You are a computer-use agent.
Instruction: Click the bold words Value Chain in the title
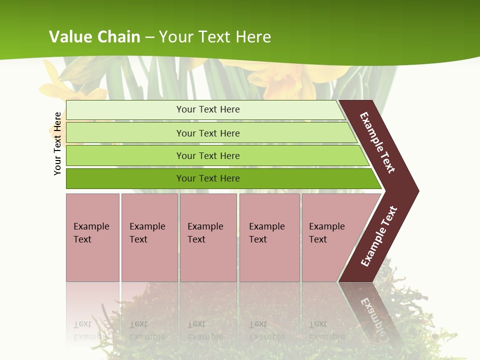[x=94, y=36]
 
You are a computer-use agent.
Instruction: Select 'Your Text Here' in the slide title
[x=215, y=36]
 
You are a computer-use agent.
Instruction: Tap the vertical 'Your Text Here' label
[x=57, y=143]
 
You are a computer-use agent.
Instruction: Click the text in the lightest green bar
[x=208, y=109]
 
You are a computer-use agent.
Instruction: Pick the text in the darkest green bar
[x=208, y=178]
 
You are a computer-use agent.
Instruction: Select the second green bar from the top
[x=208, y=133]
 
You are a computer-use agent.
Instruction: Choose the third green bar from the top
[x=208, y=156]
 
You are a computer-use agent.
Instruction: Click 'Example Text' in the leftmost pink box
[x=91, y=233]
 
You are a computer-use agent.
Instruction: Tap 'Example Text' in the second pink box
[x=147, y=233]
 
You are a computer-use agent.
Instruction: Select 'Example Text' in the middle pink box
[x=205, y=233]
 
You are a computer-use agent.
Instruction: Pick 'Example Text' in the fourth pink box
[x=266, y=233]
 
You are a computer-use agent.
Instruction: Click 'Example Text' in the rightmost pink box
[x=326, y=233]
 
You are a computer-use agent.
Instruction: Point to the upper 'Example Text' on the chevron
[x=378, y=142]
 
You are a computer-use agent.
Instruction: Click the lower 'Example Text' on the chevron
[x=379, y=236]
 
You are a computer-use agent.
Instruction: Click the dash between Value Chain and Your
[x=150, y=37]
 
